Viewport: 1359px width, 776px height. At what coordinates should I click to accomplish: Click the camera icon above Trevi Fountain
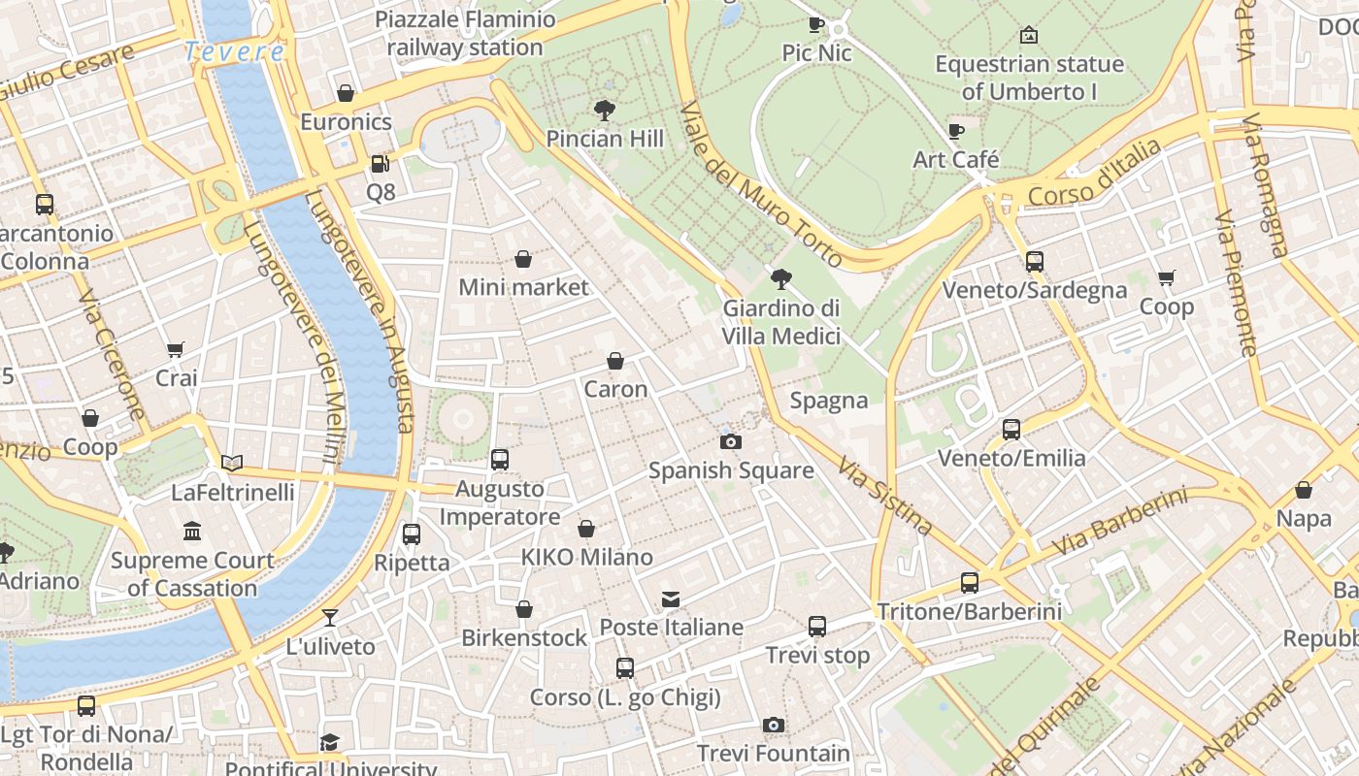773,725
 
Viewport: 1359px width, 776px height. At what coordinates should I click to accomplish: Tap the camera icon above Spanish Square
730,442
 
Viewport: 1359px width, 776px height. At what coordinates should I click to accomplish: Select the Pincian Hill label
605,139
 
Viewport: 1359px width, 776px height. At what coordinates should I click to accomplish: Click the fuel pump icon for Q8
381,164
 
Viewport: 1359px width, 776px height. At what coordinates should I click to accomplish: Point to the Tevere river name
234,51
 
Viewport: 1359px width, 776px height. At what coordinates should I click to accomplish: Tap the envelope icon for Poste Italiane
671,599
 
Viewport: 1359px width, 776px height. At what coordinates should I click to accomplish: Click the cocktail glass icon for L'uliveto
330,618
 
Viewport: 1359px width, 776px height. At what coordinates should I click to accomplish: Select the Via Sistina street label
885,496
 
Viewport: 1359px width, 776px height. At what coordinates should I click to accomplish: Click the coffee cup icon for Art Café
956,131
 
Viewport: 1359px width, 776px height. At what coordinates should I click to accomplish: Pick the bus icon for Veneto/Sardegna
1035,262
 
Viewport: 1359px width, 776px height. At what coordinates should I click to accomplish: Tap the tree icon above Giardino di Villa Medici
780,280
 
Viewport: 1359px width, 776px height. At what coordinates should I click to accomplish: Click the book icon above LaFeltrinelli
232,464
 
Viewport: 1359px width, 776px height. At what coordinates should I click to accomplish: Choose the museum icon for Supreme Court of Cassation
192,532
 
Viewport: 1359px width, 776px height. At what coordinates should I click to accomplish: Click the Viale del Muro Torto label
761,184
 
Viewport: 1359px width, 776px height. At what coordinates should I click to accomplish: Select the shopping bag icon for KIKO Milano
586,529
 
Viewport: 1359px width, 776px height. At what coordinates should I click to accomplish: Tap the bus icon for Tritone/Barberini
969,583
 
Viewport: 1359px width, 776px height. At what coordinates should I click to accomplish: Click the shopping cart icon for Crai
176,350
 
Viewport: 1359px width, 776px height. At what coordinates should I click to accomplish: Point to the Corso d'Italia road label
1094,175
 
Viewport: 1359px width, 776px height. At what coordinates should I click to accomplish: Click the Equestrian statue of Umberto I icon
1029,36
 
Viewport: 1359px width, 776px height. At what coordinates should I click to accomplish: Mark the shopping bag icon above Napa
1304,491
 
